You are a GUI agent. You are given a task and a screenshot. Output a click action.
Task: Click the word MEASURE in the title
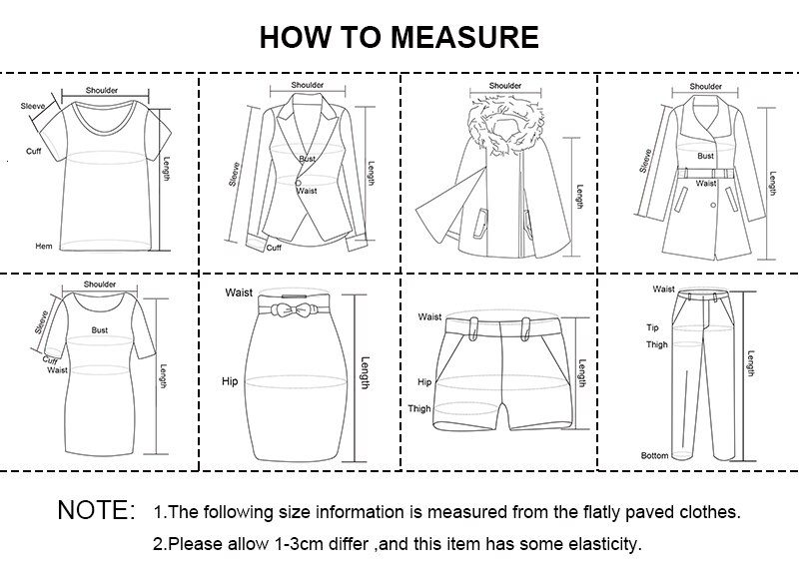pyautogui.click(x=464, y=38)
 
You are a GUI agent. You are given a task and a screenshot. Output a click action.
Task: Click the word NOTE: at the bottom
pyautogui.click(x=96, y=510)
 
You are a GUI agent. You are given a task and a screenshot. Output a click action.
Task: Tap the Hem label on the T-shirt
pyautogui.click(x=44, y=246)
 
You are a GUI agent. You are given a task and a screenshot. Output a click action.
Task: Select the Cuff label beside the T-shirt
pyautogui.click(x=33, y=153)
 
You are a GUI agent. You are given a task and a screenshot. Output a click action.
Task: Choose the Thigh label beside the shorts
pyautogui.click(x=419, y=408)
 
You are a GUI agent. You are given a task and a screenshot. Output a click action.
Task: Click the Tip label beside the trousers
pyautogui.click(x=652, y=327)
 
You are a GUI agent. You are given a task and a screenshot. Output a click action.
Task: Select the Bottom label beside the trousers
pyautogui.click(x=655, y=455)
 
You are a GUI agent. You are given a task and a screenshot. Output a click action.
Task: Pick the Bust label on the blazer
pyautogui.click(x=307, y=160)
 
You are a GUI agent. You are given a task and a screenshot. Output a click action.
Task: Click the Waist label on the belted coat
pyautogui.click(x=706, y=184)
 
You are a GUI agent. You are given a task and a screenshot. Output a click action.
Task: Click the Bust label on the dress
pyautogui.click(x=100, y=328)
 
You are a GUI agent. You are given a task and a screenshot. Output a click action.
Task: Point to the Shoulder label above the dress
pyautogui.click(x=100, y=285)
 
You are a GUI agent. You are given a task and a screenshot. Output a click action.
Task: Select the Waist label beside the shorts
pyautogui.click(x=429, y=317)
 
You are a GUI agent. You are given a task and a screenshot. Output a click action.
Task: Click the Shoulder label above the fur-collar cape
pyautogui.click(x=506, y=86)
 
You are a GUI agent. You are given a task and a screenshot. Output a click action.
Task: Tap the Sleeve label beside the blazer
pyautogui.click(x=235, y=174)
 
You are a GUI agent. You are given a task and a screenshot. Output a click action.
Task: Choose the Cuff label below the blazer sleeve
pyautogui.click(x=274, y=247)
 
